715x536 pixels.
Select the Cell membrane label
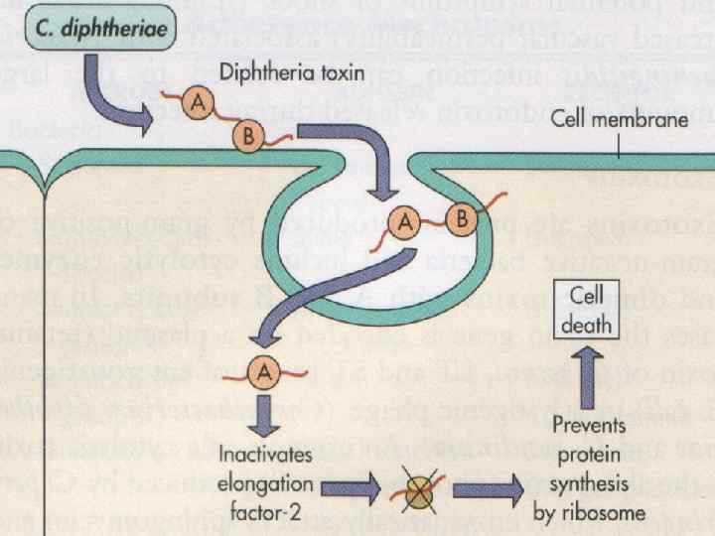tap(619, 120)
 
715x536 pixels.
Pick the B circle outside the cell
tap(246, 136)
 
